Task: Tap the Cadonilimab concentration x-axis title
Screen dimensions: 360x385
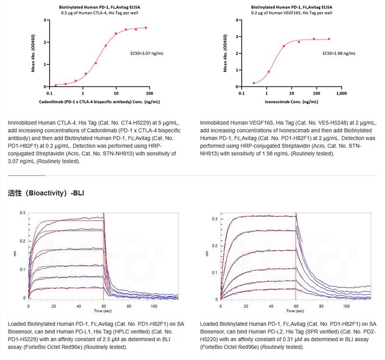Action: point(100,102)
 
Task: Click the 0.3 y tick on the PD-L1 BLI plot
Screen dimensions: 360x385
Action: point(22,212)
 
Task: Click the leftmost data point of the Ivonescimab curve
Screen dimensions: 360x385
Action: point(254,83)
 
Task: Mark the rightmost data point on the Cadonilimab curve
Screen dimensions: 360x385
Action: point(146,28)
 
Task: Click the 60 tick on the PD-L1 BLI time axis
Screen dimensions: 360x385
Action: point(103,305)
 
